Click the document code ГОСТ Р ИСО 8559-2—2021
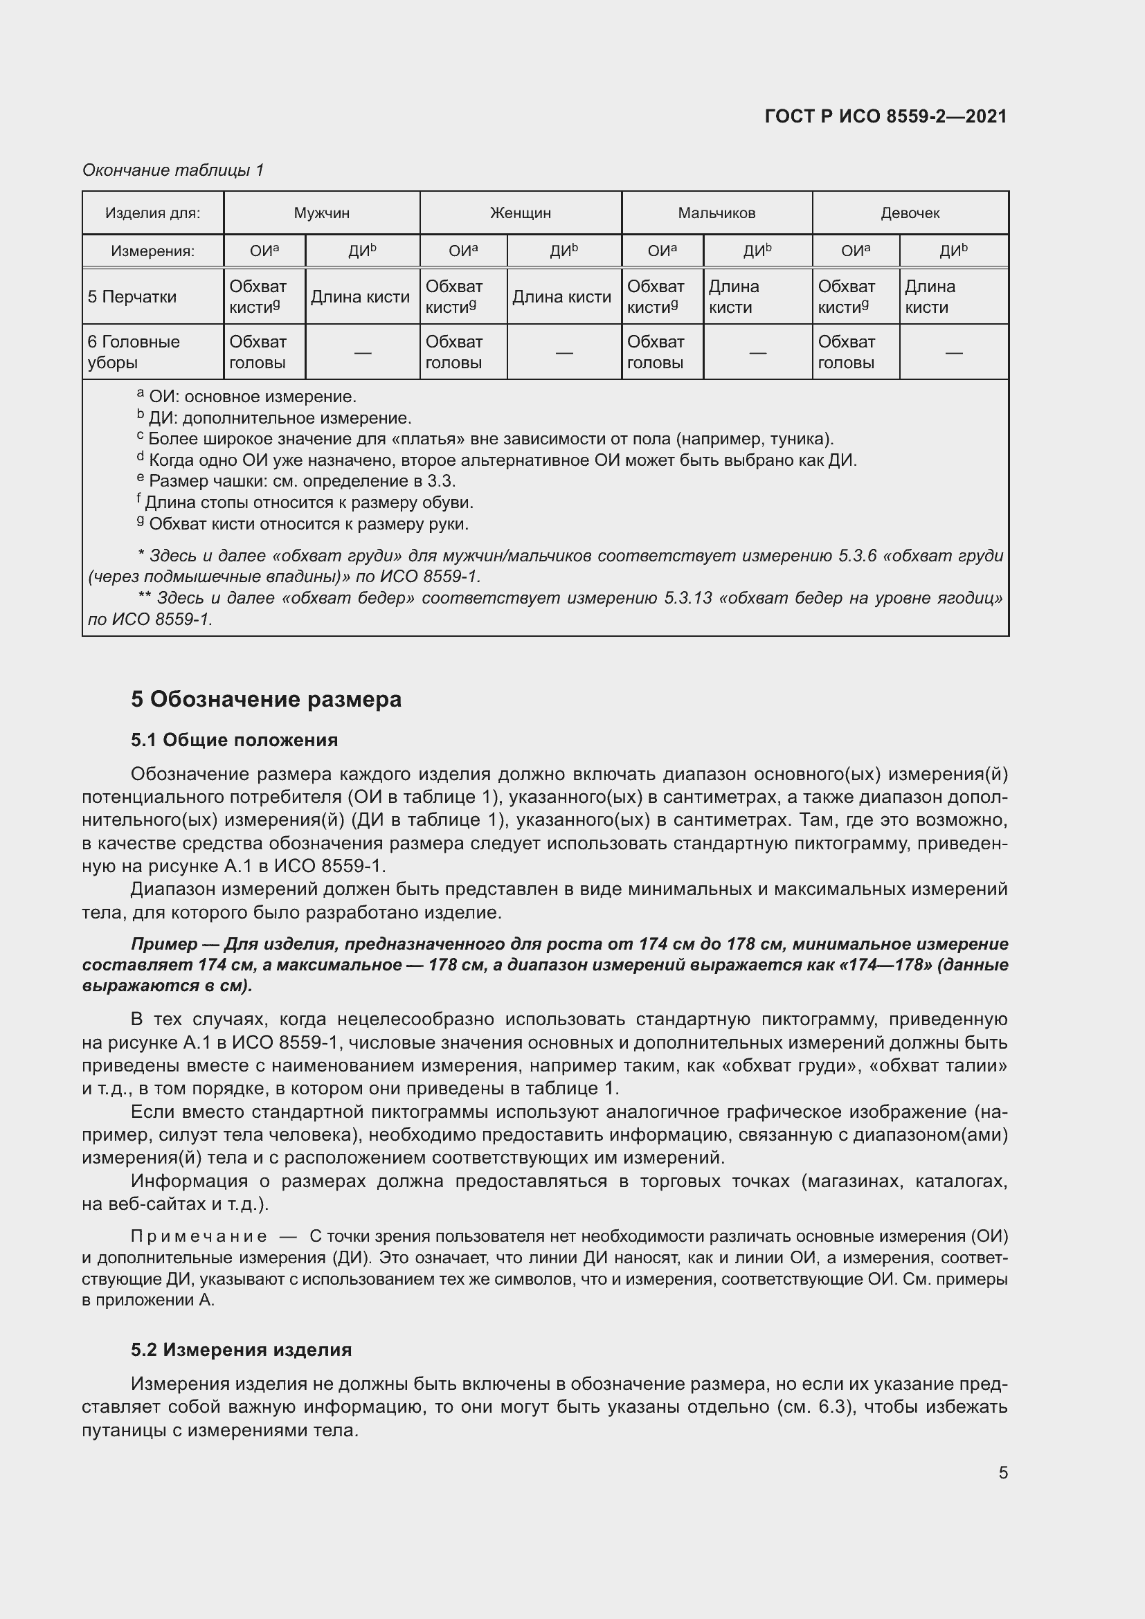coord(885,116)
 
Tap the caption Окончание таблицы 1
coord(173,170)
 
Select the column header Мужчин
coord(321,213)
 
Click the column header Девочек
coord(910,213)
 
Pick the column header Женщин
coord(521,213)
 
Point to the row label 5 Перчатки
coord(132,297)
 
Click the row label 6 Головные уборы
coord(134,352)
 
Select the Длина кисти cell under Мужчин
coord(360,297)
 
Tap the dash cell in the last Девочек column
coord(953,352)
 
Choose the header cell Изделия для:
coord(152,213)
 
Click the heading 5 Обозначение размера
coord(266,700)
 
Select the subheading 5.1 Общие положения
coord(234,740)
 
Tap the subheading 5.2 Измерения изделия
coord(241,1350)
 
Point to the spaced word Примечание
coord(199,1236)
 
